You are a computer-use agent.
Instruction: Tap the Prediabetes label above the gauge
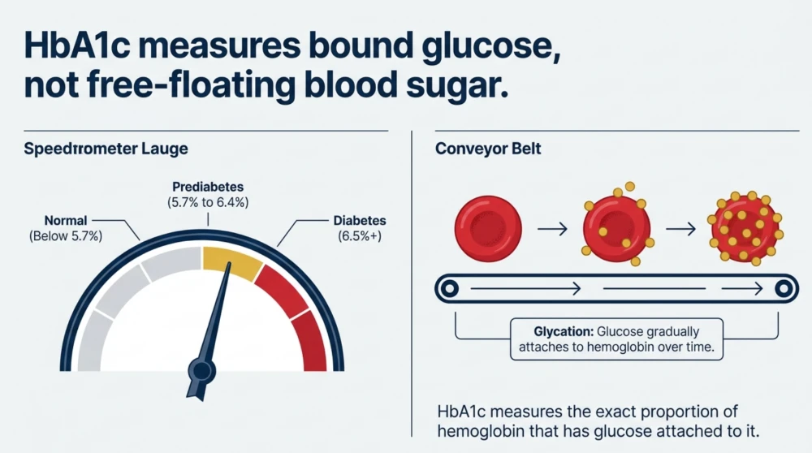[208, 187]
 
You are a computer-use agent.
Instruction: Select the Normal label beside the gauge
[66, 221]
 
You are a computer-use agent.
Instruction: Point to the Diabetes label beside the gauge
[360, 221]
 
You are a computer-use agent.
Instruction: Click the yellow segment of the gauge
[232, 261]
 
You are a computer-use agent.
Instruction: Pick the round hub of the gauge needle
[201, 371]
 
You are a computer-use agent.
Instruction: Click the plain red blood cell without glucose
[488, 228]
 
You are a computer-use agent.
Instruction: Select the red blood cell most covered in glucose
[745, 228]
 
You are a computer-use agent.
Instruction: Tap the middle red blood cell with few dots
[617, 228]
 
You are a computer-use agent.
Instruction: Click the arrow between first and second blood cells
[552, 228]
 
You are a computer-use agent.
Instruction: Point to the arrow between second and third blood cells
[681, 228]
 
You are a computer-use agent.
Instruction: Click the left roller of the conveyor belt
[450, 288]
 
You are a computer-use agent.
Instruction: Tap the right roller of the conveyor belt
[784, 288]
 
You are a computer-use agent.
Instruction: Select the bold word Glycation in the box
[564, 331]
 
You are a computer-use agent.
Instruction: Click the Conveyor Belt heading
[488, 149]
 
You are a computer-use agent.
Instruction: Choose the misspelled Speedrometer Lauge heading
[106, 149]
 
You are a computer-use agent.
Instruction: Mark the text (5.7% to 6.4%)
[208, 202]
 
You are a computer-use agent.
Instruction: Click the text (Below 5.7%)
[66, 236]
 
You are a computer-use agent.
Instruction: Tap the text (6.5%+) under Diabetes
[360, 236]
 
